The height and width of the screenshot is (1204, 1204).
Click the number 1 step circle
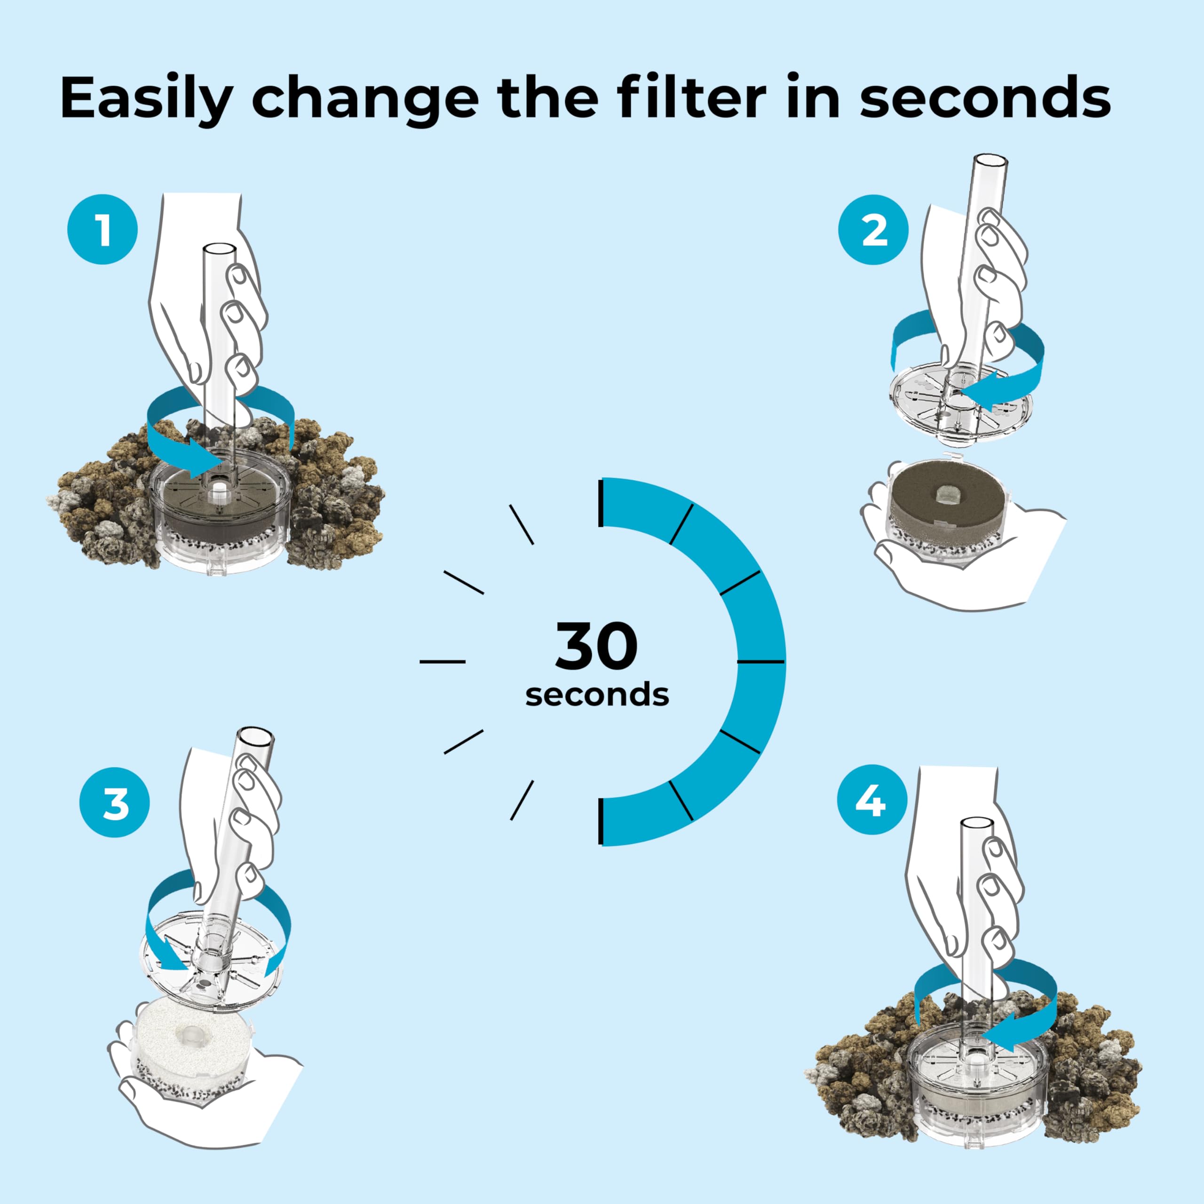point(102,230)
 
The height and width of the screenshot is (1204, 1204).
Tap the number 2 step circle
point(873,230)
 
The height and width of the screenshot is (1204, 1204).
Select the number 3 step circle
point(115,802)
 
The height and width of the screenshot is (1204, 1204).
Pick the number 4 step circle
point(871,800)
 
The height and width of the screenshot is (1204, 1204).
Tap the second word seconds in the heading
point(985,98)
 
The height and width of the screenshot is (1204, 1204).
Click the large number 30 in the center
point(596,646)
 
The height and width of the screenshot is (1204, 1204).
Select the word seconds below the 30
point(597,695)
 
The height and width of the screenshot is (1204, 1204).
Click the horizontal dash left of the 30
point(443,661)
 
